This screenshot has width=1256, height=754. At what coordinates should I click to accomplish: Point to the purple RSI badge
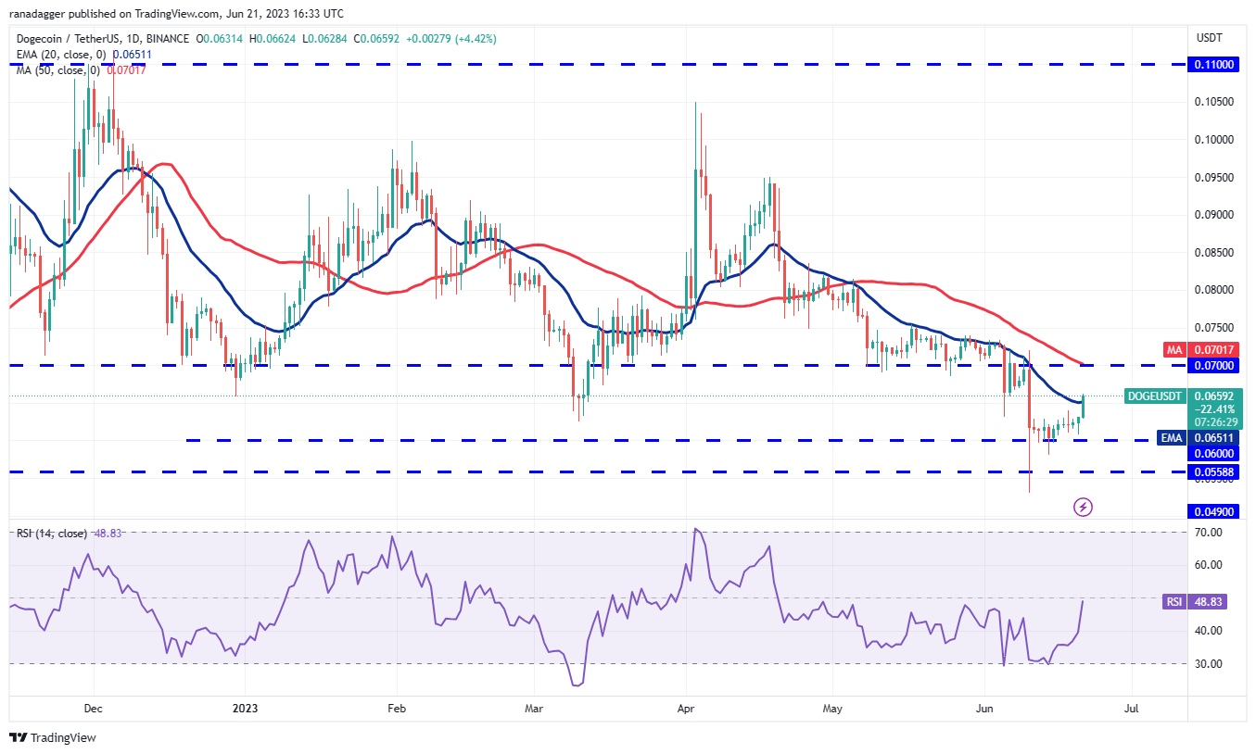pyautogui.click(x=1174, y=601)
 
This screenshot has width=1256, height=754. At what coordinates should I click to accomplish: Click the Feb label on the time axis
pyautogui.click(x=396, y=709)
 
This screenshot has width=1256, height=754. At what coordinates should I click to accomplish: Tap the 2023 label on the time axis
pyautogui.click(x=244, y=709)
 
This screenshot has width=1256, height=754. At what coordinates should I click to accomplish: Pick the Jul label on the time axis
pyautogui.click(x=1131, y=709)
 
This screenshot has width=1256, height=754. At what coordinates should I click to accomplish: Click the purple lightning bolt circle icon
pyautogui.click(x=1083, y=507)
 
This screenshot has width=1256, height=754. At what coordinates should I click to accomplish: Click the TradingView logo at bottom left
pyautogui.click(x=53, y=737)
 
